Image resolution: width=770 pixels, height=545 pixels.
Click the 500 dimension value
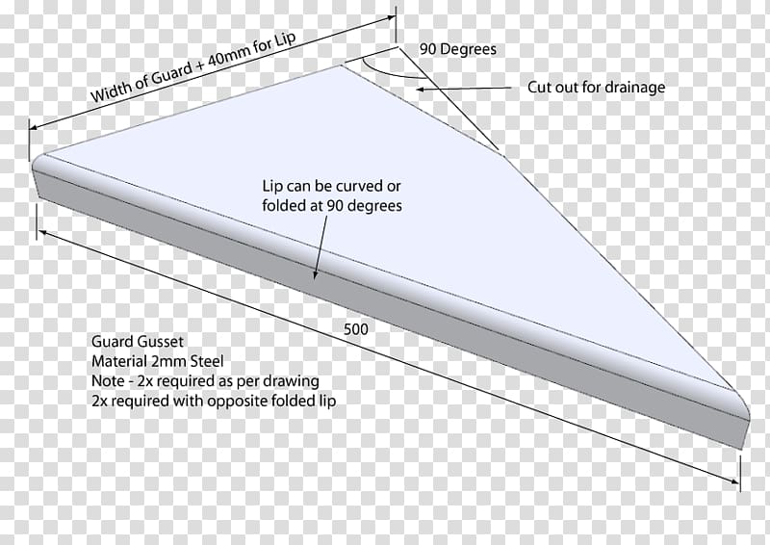pyautogui.click(x=355, y=328)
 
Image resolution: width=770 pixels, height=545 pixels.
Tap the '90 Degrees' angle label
pyautogui.click(x=458, y=49)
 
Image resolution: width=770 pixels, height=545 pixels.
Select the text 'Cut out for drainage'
pyautogui.click(x=596, y=87)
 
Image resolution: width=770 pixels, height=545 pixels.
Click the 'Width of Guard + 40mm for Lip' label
pyautogui.click(x=193, y=66)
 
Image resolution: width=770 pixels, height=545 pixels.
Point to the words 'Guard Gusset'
pyautogui.click(x=138, y=342)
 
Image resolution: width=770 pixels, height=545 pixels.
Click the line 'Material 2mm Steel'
pyautogui.click(x=157, y=361)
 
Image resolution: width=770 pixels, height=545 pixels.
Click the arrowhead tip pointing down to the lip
pyautogui.click(x=315, y=279)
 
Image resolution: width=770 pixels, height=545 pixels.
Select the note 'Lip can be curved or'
pyautogui.click(x=331, y=186)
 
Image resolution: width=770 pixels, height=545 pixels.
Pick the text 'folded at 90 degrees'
pyautogui.click(x=332, y=205)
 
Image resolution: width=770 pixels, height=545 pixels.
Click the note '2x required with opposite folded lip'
pyautogui.click(x=214, y=401)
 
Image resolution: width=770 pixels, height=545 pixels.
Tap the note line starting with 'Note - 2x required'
pyautogui.click(x=205, y=381)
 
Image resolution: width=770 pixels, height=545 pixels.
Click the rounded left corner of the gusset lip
pyautogui.click(x=37, y=161)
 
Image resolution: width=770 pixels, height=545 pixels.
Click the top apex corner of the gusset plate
pyautogui.click(x=341, y=65)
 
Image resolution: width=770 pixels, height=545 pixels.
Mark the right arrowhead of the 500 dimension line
pyautogui.click(x=735, y=481)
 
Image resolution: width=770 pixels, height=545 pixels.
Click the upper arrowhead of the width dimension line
pyautogui.click(x=393, y=17)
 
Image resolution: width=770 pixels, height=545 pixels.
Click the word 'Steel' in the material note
pyautogui.click(x=207, y=361)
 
